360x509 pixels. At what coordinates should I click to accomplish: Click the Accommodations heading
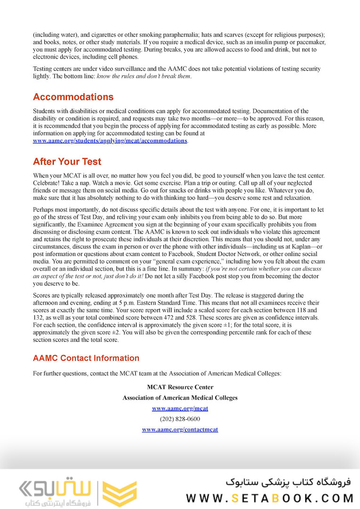coord(73,97)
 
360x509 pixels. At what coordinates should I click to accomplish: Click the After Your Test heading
coord(67,162)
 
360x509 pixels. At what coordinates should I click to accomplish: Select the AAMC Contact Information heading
coord(86,358)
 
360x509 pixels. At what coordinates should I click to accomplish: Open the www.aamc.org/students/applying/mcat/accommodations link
coord(110,141)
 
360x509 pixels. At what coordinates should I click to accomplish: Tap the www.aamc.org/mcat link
coord(180,408)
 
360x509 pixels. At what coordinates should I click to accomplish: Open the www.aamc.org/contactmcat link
coord(180,429)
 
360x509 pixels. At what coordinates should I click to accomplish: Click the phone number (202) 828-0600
coord(180,419)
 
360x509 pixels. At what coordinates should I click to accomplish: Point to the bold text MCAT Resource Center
coord(180,387)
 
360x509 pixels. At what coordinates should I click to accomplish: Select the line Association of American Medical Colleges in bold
coord(180,398)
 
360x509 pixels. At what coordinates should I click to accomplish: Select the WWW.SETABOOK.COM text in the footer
coord(269,498)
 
